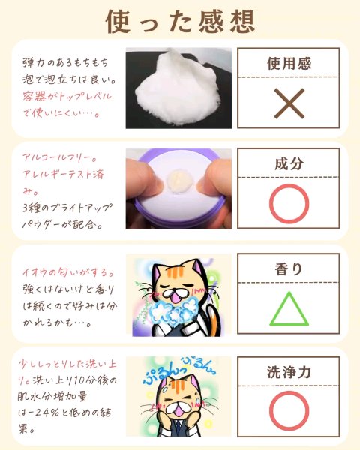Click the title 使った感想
(180, 22)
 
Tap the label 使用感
(289, 64)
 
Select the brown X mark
(289, 103)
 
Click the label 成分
(289, 163)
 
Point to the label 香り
(289, 269)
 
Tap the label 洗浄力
(289, 372)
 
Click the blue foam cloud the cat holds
(172, 311)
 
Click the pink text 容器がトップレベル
(67, 96)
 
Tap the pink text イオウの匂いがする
(68, 271)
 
